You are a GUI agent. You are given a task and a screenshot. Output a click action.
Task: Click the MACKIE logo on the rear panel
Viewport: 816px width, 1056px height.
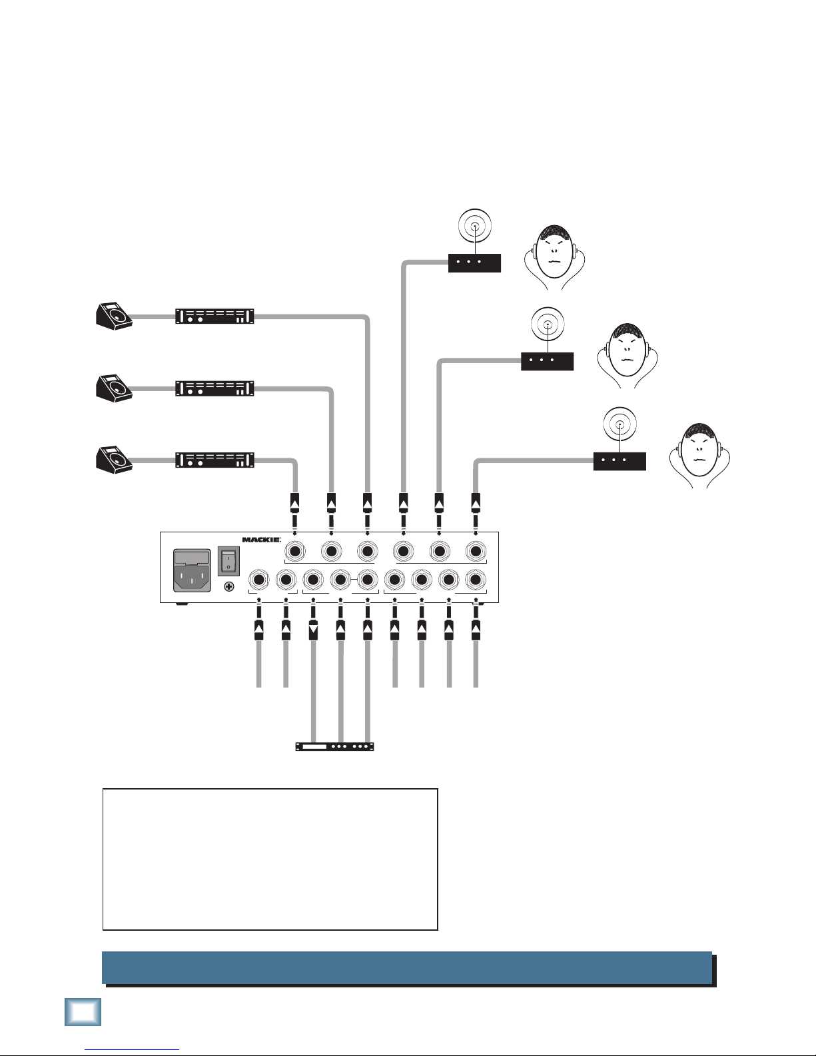coord(261,540)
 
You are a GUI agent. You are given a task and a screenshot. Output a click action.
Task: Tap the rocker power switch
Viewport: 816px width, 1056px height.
coord(228,561)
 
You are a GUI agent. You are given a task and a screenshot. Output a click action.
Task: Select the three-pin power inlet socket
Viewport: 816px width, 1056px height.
coord(193,570)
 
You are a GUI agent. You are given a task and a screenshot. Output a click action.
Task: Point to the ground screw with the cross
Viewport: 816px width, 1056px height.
coord(229,586)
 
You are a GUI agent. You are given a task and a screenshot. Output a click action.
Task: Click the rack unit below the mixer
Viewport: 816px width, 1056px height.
coord(334,746)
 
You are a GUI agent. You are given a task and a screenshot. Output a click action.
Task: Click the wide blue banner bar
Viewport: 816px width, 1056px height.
coord(407,967)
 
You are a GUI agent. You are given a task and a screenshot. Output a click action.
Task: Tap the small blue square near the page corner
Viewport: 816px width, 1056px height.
coord(83,1012)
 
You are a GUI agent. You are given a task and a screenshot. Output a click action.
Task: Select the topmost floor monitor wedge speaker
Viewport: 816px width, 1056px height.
coord(114,316)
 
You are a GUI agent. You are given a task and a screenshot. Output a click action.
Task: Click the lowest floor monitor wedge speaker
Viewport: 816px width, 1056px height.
coord(114,460)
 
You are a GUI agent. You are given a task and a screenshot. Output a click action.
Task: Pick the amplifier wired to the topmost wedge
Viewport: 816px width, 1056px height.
coord(214,316)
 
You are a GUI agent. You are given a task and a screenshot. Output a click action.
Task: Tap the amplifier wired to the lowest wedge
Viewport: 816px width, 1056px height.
coord(214,460)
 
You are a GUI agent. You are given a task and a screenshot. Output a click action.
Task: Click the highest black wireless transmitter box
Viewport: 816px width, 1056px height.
coord(474,263)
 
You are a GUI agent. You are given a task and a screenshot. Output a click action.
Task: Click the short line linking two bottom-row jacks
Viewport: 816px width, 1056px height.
coord(354,579)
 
